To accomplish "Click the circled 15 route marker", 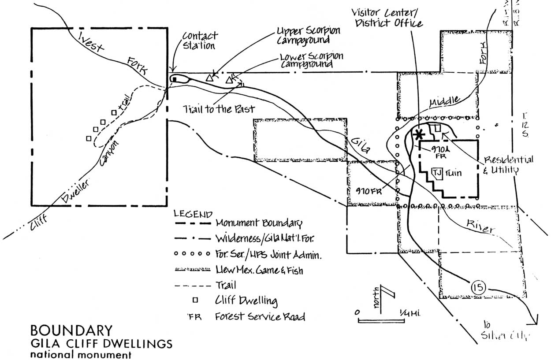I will coord(478,288).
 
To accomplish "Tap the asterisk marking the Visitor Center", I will coord(419,134).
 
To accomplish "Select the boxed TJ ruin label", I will coord(437,172).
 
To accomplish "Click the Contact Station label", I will coord(199,41).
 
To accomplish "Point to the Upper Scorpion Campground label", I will coord(308,35).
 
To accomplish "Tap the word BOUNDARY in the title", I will coord(71,330).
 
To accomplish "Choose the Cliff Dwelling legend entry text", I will coord(246,301).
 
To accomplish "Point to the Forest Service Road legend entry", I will coord(260,316).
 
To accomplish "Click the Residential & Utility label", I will coord(508,164).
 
